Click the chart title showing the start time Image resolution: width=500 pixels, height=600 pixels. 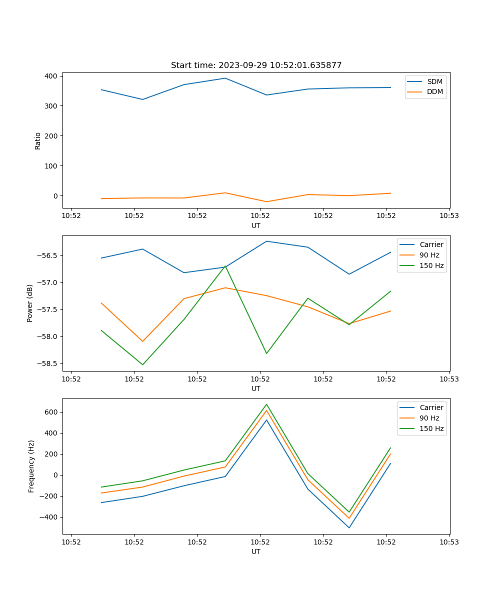pyautogui.click(x=256, y=65)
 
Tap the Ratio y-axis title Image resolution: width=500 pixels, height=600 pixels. pyautogui.click(x=38, y=140)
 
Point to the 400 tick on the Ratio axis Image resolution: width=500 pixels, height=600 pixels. pyautogui.click(x=51, y=76)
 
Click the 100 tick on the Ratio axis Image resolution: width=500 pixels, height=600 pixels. pyautogui.click(x=51, y=166)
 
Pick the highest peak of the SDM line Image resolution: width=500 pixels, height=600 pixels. pyautogui.click(x=225, y=78)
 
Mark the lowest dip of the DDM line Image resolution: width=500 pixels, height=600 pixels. pyautogui.click(x=266, y=201)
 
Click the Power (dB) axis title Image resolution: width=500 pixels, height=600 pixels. pyautogui.click(x=30, y=303)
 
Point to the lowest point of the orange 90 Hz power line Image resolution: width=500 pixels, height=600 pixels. pyautogui.click(x=142, y=341)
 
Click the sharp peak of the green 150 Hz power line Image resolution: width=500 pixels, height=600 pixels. pyautogui.click(x=225, y=265)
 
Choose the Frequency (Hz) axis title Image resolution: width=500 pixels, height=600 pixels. pyautogui.click(x=31, y=466)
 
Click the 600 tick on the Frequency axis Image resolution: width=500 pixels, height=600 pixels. pyautogui.click(x=51, y=412)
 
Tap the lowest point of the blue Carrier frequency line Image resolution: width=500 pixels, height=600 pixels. pyautogui.click(x=349, y=527)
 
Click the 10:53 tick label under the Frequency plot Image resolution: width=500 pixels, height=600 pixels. pyautogui.click(x=448, y=541)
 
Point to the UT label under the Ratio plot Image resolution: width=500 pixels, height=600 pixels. pyautogui.click(x=256, y=225)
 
